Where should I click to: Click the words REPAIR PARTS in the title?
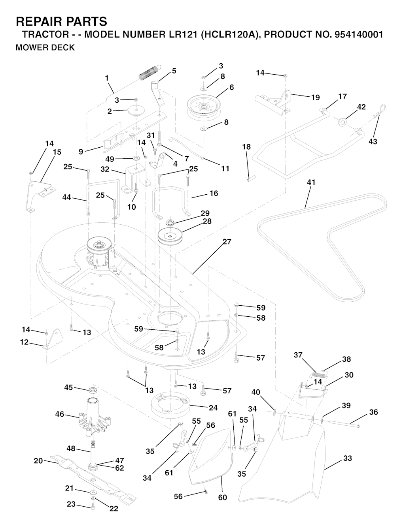pos(61,21)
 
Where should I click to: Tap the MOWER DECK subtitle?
pos(45,48)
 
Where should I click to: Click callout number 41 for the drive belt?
pos(311,183)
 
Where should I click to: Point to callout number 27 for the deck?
pos(227,242)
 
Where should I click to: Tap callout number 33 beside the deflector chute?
pos(348,458)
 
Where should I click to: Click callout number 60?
pos(223,498)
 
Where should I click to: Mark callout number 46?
pos(60,414)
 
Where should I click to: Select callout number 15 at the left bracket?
pos(57,152)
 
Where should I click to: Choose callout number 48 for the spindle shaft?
pos(71,449)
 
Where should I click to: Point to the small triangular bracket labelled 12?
pos(54,340)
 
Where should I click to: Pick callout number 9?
pos(81,151)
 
